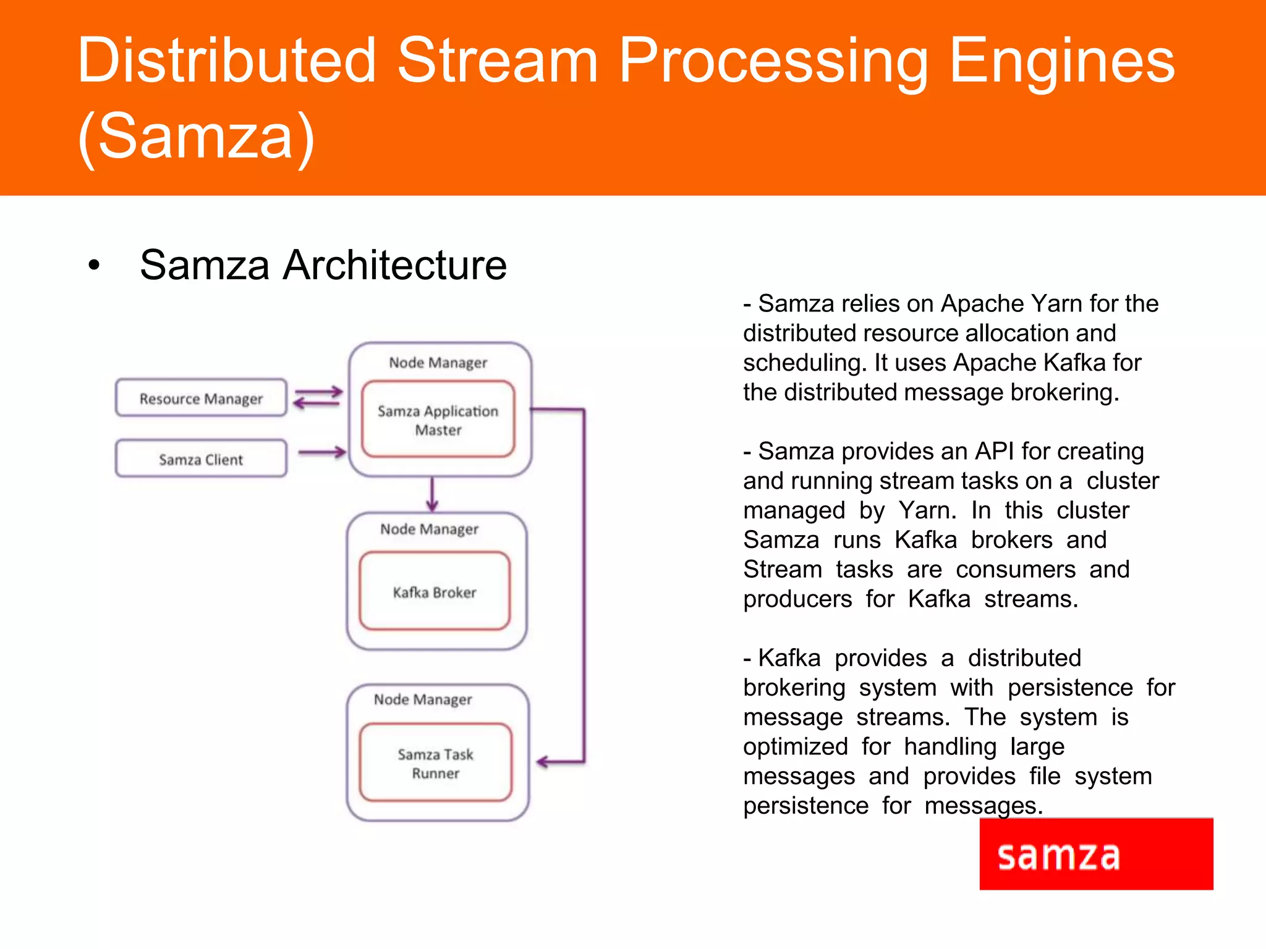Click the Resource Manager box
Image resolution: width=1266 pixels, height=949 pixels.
(x=201, y=399)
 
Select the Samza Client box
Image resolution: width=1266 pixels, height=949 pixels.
(x=201, y=459)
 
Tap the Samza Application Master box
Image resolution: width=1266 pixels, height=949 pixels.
(x=438, y=420)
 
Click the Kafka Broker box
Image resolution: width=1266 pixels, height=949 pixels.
(x=435, y=592)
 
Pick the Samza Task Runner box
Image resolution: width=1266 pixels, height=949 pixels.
(x=436, y=763)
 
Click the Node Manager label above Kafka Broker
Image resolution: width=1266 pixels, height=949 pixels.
(x=429, y=529)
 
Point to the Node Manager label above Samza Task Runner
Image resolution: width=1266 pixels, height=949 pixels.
(x=423, y=699)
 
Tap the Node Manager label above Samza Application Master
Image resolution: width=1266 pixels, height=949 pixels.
(x=438, y=363)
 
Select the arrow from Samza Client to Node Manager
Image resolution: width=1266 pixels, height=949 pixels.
(x=321, y=452)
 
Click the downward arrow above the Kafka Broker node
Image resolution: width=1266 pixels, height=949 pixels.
(x=432, y=494)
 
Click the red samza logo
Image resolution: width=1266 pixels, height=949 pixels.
(x=1095, y=854)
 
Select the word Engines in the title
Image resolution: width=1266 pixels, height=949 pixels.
(x=1061, y=60)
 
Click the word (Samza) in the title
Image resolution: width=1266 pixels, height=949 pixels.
(x=197, y=136)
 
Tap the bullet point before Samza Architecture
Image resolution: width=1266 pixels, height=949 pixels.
(x=93, y=265)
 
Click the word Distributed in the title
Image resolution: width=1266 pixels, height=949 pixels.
(x=226, y=60)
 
